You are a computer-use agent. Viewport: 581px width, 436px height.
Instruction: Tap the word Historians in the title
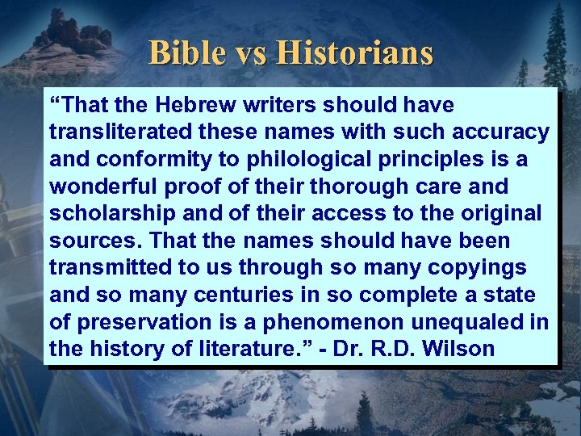pyautogui.click(x=354, y=53)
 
